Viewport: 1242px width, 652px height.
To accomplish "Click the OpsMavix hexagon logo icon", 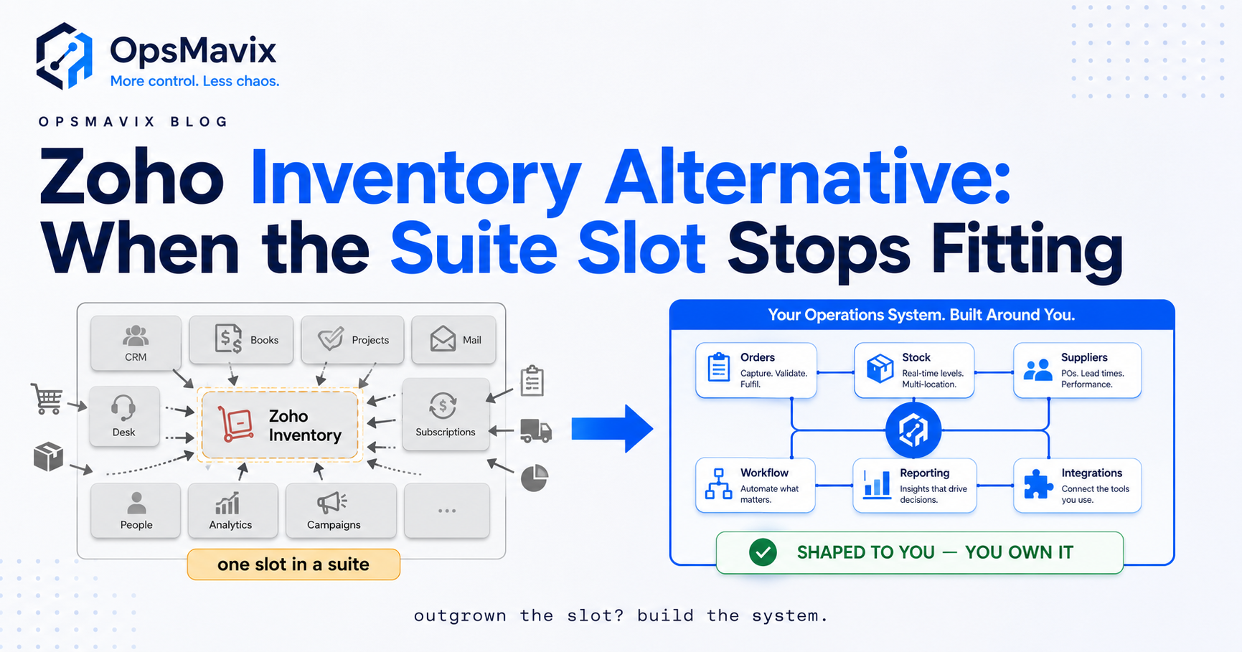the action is pyautogui.click(x=65, y=56).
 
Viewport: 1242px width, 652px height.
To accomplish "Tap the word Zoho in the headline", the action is pyautogui.click(x=132, y=177).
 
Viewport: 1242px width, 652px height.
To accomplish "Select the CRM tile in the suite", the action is pyautogui.click(x=136, y=343).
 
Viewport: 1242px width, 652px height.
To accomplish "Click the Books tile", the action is pyautogui.click(x=241, y=339).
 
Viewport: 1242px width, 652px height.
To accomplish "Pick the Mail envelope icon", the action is pyautogui.click(x=443, y=339).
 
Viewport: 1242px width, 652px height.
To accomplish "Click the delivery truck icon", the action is pyautogui.click(x=536, y=430).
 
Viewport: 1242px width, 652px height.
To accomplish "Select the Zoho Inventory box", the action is pyautogui.click(x=280, y=425).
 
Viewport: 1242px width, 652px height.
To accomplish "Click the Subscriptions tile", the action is pyautogui.click(x=446, y=415).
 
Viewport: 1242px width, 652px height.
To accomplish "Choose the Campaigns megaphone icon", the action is pyautogui.click(x=331, y=503).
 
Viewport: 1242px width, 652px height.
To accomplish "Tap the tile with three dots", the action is pyautogui.click(x=447, y=511).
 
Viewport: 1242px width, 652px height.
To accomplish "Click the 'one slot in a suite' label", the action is pyautogui.click(x=293, y=564).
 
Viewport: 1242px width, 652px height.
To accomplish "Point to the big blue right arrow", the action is pyautogui.click(x=612, y=429).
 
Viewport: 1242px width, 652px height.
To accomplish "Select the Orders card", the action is pyautogui.click(x=756, y=370).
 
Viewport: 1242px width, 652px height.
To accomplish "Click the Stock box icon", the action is pyautogui.click(x=880, y=369).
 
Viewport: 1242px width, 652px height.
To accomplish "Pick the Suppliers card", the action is pyautogui.click(x=1077, y=370).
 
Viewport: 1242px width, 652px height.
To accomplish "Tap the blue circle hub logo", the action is pyautogui.click(x=913, y=430).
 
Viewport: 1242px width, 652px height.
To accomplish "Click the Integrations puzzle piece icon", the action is pyautogui.click(x=1038, y=484).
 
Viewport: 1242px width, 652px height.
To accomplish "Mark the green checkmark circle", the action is pyautogui.click(x=763, y=552).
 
